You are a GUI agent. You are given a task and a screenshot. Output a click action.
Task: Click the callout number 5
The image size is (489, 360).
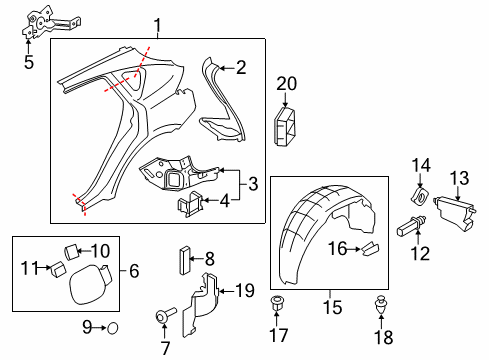click(28, 62)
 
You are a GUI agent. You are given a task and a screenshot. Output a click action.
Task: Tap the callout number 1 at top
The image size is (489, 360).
click(156, 25)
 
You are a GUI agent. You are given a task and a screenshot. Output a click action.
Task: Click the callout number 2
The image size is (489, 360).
click(240, 68)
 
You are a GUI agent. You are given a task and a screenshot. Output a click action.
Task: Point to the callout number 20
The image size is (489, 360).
click(288, 83)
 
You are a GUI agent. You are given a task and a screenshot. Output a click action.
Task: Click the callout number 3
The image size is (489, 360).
click(253, 184)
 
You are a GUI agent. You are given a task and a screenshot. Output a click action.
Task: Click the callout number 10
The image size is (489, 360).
click(102, 250)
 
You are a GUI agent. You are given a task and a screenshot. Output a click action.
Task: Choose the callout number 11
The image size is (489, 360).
click(30, 267)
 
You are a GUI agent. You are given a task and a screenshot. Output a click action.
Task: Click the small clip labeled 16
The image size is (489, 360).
click(368, 245)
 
